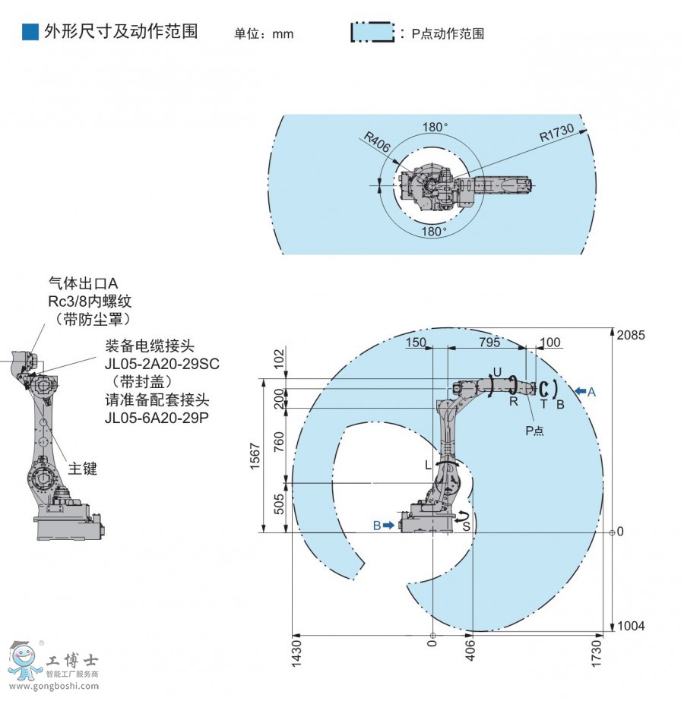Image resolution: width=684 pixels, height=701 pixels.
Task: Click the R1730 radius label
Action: [x=556, y=133]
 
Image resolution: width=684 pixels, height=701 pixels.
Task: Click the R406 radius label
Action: [x=377, y=142]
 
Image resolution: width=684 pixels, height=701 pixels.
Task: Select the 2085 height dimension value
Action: [x=631, y=335]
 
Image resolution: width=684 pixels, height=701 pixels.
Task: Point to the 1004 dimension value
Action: [x=631, y=626]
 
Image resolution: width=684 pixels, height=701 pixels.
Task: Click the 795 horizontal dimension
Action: [x=489, y=342]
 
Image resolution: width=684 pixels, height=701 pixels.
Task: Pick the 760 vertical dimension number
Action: [x=279, y=441]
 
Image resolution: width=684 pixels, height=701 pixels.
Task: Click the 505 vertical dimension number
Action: [x=279, y=504]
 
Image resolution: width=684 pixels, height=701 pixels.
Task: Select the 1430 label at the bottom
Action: [x=296, y=654]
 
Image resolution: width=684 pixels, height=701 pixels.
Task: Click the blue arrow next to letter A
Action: [x=580, y=392]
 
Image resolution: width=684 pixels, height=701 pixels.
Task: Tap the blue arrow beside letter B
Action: [x=389, y=525]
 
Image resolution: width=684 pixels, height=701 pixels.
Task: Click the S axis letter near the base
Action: [x=466, y=526]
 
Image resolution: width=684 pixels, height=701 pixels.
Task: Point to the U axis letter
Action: [x=497, y=372]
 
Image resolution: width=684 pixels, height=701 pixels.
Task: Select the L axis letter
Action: [x=428, y=466]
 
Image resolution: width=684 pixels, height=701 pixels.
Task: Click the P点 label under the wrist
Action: [x=534, y=431]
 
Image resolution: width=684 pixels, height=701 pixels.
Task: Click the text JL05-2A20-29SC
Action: [x=162, y=364]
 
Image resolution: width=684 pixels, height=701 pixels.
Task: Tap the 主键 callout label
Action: [x=83, y=469]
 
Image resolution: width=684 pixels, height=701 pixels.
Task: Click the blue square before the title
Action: [x=30, y=32]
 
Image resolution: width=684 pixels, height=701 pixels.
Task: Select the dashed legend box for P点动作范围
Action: [x=372, y=32]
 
